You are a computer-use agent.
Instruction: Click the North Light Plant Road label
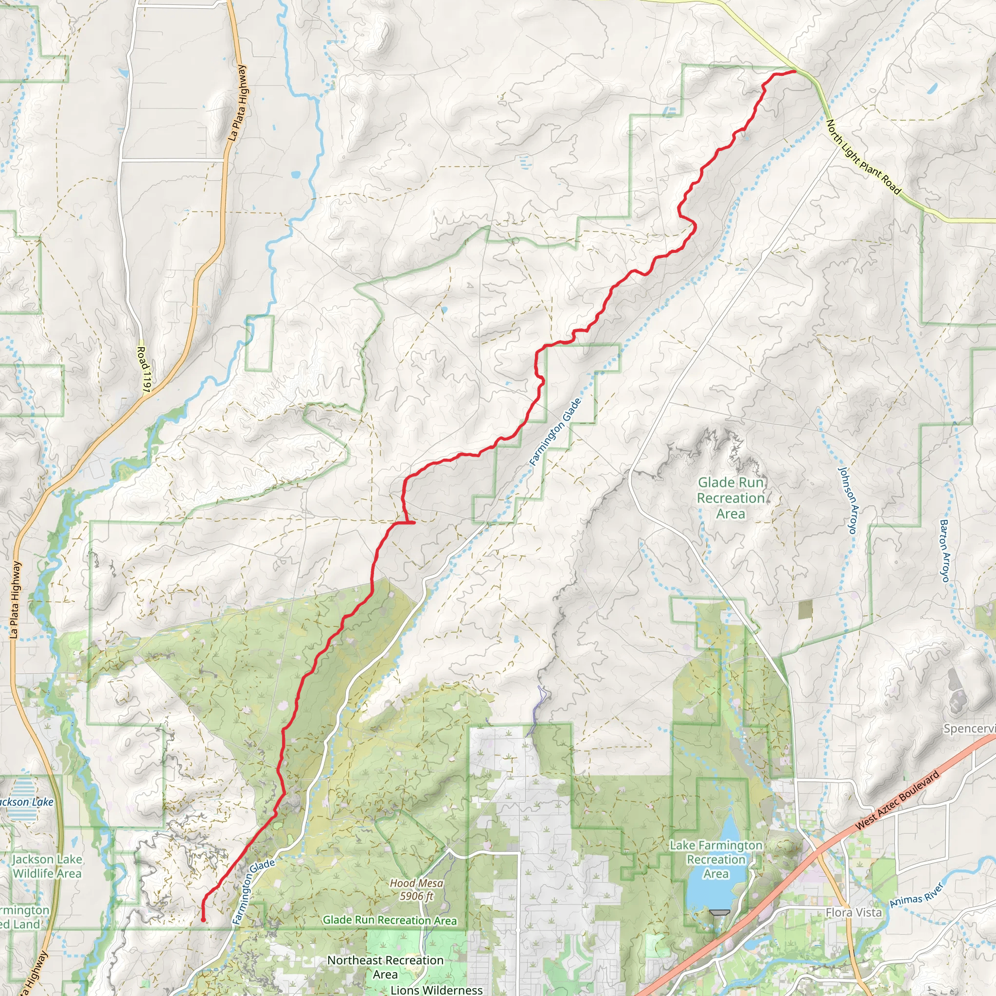pos(864,157)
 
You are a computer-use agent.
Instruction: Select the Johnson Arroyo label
pos(849,500)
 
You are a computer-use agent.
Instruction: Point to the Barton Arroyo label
pos(944,551)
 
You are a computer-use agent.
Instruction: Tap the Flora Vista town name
pos(853,912)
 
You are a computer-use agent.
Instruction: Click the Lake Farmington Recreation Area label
pos(715,859)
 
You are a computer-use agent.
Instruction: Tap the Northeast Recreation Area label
pos(385,967)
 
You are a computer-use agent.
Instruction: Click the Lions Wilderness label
pos(436,990)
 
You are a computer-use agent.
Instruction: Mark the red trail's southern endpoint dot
pos(203,920)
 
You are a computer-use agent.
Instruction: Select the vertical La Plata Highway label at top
pos(238,103)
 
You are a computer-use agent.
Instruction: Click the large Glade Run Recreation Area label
pos(730,498)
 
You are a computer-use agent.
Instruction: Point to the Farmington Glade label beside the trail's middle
pos(556,432)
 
